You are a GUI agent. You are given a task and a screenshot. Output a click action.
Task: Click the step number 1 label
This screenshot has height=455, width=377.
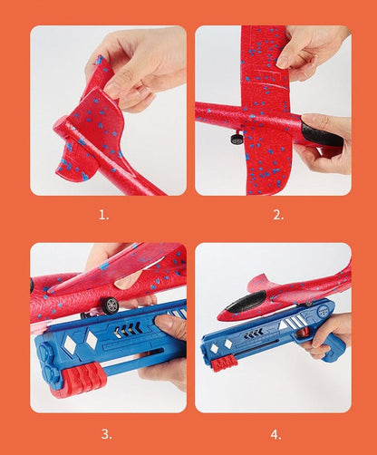pyautogui.click(x=103, y=215)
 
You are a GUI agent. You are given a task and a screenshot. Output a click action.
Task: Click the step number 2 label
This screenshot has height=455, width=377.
pyautogui.click(x=278, y=215)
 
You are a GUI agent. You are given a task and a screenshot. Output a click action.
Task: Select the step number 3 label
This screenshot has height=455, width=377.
pyautogui.click(x=106, y=434)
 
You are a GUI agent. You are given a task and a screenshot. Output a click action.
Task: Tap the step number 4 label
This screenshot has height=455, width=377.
pyautogui.click(x=275, y=435)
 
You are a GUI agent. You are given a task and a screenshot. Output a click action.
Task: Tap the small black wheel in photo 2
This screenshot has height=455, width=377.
pyautogui.click(x=237, y=139)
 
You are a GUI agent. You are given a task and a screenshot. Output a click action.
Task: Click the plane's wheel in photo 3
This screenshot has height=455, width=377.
pyautogui.click(x=110, y=305)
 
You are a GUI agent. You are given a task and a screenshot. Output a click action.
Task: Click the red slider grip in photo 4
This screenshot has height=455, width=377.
pyautogui.click(x=224, y=363)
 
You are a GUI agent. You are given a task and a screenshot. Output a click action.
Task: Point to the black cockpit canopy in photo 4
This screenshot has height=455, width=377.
pyautogui.click(x=246, y=302)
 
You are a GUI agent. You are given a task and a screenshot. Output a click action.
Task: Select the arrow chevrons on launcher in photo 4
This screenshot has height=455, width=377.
pyautogui.click(x=253, y=334)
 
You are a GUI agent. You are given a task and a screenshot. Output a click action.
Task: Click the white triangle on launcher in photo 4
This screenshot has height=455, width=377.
pyautogui.click(x=283, y=325)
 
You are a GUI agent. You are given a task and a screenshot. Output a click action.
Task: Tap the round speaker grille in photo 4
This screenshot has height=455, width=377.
pyautogui.click(x=324, y=310)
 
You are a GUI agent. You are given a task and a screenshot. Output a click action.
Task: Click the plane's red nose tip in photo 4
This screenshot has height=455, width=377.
pyautogui.click(x=221, y=317)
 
